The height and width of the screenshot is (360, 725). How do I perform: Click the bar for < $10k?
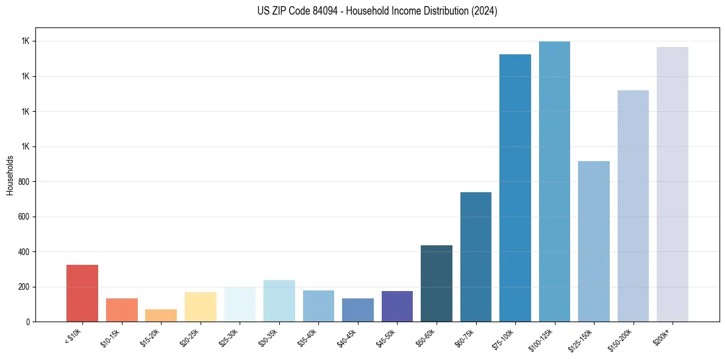pyautogui.click(x=82, y=293)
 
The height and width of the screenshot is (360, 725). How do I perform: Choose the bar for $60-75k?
pyautogui.click(x=476, y=257)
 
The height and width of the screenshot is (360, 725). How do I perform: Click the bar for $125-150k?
pyautogui.click(x=594, y=241)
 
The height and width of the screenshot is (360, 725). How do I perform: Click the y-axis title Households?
pyautogui.click(x=10, y=175)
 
